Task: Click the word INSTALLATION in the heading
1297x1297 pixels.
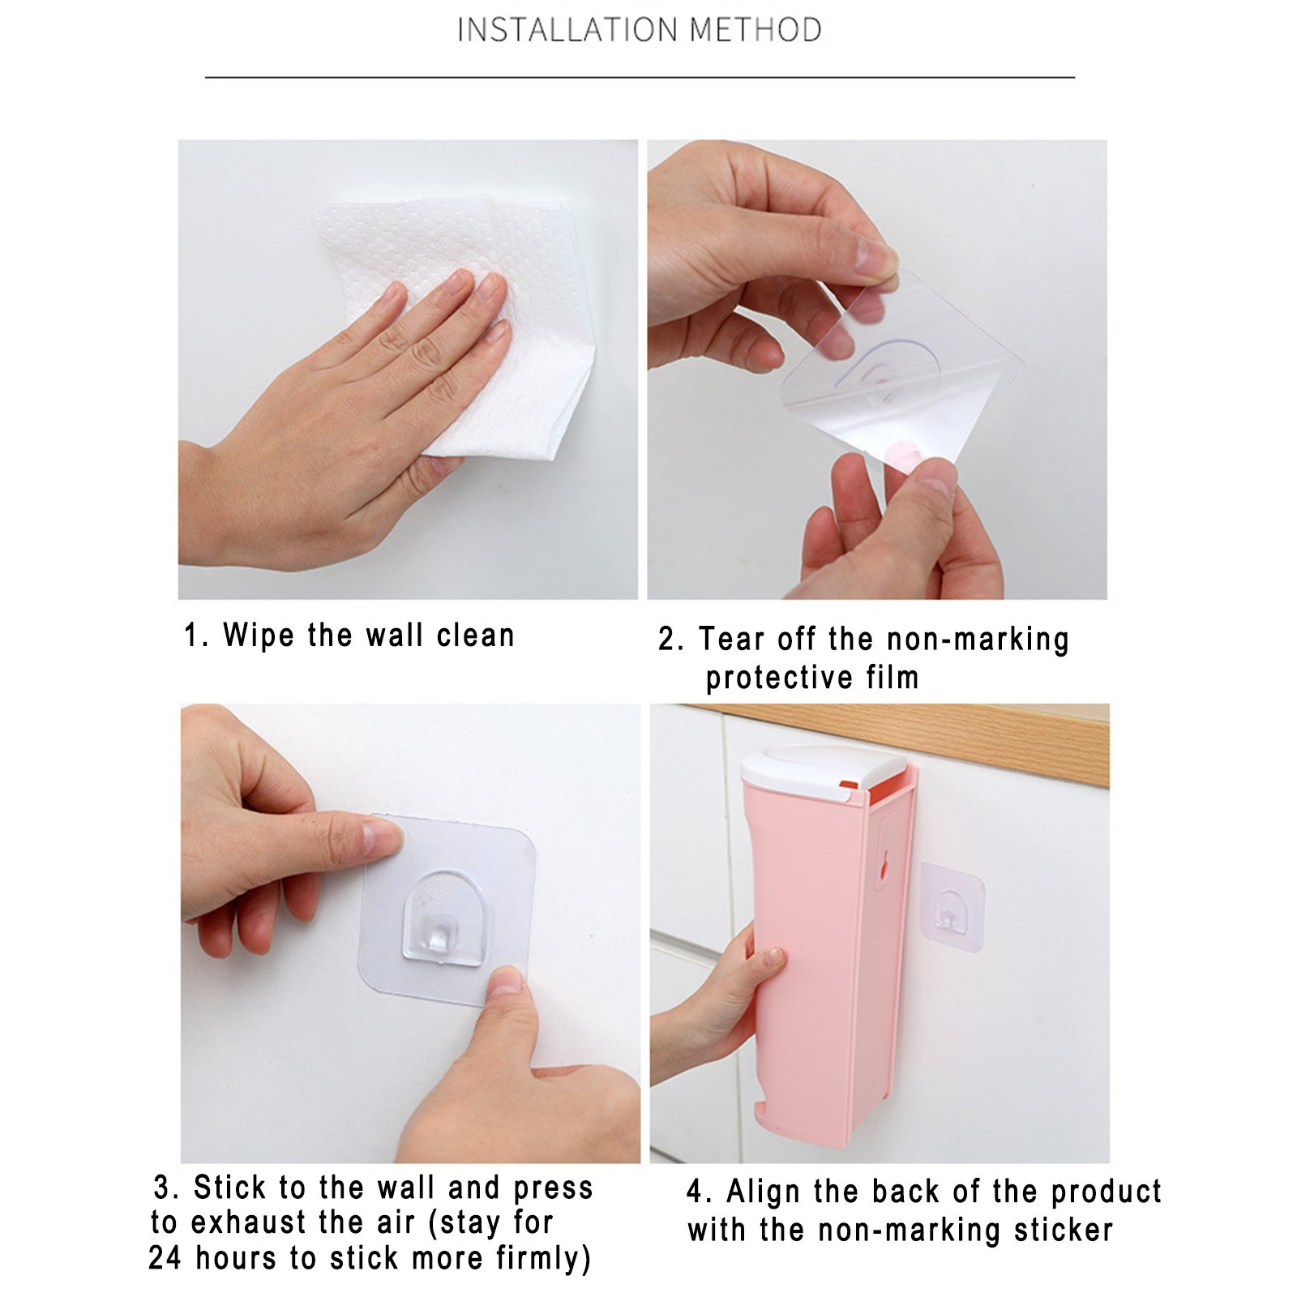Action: tap(567, 30)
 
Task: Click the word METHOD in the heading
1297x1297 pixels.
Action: tap(756, 30)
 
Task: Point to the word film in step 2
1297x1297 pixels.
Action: tap(892, 677)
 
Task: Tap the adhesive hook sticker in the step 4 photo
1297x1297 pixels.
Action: tap(952, 906)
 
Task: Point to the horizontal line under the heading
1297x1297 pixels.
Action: tap(640, 78)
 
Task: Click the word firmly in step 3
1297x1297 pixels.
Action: tap(543, 1259)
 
